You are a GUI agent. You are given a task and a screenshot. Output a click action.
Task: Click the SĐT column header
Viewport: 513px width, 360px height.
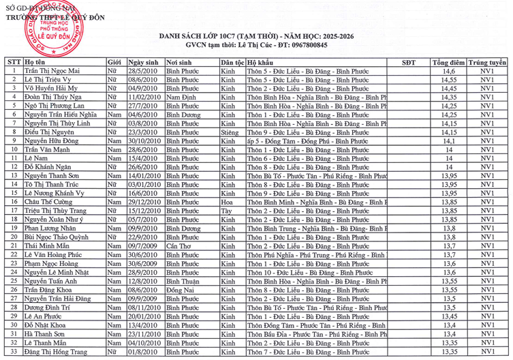408,62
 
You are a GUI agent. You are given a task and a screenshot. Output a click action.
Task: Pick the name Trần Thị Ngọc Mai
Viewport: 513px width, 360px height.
52,71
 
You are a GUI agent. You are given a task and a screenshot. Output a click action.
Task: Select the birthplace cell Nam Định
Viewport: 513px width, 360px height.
181,97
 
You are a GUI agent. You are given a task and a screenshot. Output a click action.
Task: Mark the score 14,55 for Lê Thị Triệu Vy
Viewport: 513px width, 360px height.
448,80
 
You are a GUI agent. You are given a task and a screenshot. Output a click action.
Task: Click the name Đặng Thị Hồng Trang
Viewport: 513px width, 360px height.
57,352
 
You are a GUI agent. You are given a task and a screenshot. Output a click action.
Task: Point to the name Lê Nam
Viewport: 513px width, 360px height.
37,159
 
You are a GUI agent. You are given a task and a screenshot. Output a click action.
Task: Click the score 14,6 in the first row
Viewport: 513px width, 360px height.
448,71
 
